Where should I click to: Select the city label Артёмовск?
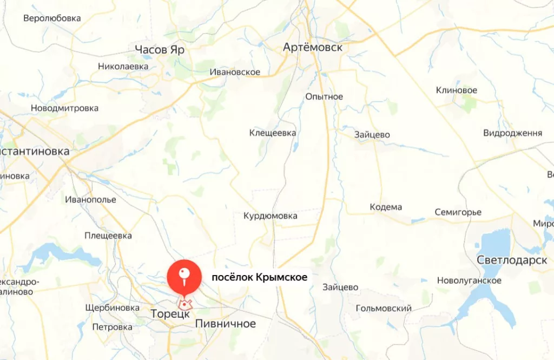pos(313,48)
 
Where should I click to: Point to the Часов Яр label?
pos(160,50)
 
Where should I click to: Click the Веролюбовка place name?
pos(52,18)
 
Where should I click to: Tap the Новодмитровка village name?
pos(64,108)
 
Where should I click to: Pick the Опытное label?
pos(324,97)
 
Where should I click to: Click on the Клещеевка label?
pos(273,133)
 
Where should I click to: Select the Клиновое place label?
pos(457,90)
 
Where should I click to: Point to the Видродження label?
pos(512,133)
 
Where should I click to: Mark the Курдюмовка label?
pos(271,216)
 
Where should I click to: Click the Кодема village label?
pos(386,207)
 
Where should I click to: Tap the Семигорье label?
pos(458,212)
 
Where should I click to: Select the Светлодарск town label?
pos(512,260)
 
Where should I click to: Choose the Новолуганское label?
pos(469,280)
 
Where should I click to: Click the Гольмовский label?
pos(384,308)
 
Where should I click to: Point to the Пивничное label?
pos(225,324)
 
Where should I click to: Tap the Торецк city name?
pos(170,313)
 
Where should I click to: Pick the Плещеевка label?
pos(108,235)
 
